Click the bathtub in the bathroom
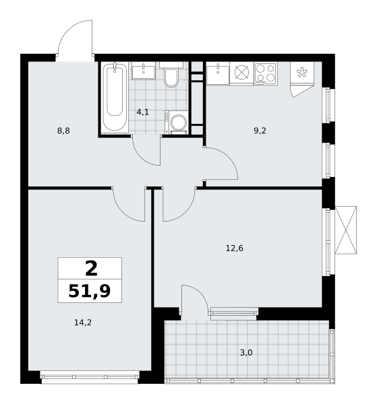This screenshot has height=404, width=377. tap(115, 98)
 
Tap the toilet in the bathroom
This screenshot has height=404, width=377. tap(171, 75)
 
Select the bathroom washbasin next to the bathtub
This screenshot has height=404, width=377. tap(144, 70)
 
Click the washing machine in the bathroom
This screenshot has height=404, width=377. tap(176, 123)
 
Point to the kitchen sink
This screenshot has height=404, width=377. tap(218, 73)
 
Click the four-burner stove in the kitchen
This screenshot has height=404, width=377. tap(266, 73)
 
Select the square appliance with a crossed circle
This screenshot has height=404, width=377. tap(242, 73)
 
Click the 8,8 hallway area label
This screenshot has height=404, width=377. tap(63, 131)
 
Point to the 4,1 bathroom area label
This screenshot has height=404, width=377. tap(143, 112)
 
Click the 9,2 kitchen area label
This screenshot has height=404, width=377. tap(260, 131)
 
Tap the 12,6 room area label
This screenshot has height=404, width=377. tap(235, 248)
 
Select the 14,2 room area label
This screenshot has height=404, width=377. tap(83, 323)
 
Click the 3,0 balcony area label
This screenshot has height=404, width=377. tap(246, 352)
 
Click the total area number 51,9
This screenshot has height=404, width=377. tap(90, 292)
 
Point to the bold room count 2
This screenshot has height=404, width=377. tap(91, 268)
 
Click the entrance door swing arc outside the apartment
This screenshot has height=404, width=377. tap(67, 30)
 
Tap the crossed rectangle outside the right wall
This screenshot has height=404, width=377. tap(346, 230)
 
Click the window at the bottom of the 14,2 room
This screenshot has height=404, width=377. tap(90, 377)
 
